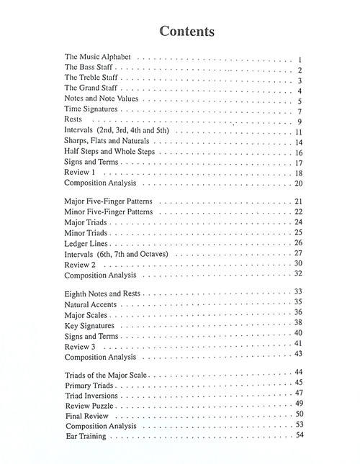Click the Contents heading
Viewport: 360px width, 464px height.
[180, 32]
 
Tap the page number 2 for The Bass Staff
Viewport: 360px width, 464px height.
[297, 70]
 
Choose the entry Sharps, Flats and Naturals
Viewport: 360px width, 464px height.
[107, 142]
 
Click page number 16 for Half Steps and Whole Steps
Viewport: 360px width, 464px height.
[297, 153]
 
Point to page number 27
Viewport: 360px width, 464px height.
[297, 253]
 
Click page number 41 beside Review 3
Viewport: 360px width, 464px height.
[297, 344]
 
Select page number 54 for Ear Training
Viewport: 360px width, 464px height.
[297, 435]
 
